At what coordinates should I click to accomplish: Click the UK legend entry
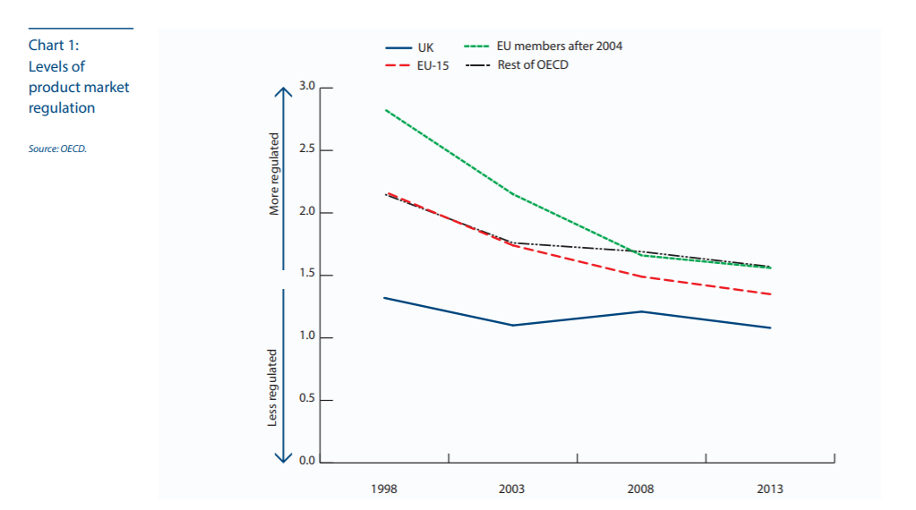pyautogui.click(x=425, y=47)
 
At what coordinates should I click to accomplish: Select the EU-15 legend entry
pyautogui.click(x=432, y=66)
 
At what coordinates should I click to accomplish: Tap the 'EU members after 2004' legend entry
pyautogui.click(x=560, y=46)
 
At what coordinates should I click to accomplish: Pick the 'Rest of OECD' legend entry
pyautogui.click(x=533, y=64)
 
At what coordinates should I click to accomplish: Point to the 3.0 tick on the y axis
pyautogui.click(x=308, y=87)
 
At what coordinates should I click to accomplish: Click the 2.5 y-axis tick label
pyautogui.click(x=308, y=149)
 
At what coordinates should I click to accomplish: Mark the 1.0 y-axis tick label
pyautogui.click(x=308, y=336)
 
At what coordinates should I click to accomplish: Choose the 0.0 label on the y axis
pyautogui.click(x=308, y=462)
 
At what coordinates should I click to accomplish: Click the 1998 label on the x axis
pyautogui.click(x=384, y=489)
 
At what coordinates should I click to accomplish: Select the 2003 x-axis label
pyautogui.click(x=512, y=489)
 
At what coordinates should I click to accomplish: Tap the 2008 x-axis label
pyautogui.click(x=641, y=489)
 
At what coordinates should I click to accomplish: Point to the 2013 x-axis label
pyautogui.click(x=770, y=489)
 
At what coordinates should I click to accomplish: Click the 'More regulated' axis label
pyautogui.click(x=275, y=175)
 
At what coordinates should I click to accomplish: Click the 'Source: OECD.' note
pyautogui.click(x=57, y=149)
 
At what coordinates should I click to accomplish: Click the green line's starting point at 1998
pyautogui.click(x=385, y=110)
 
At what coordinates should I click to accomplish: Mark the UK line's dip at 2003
pyautogui.click(x=513, y=325)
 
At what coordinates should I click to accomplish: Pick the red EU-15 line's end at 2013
pyautogui.click(x=771, y=294)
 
